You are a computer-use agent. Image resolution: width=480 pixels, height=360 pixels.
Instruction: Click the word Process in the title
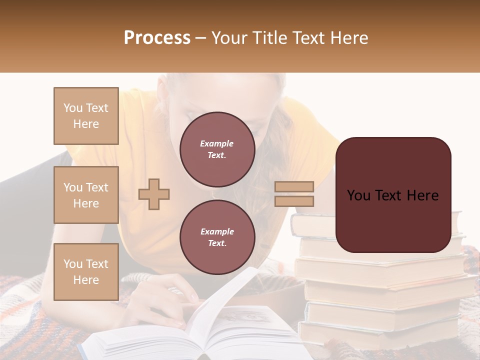point(157,38)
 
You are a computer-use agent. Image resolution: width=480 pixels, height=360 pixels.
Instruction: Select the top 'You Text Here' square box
point(86,116)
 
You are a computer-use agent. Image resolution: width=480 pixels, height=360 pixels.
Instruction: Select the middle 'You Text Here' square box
point(86,195)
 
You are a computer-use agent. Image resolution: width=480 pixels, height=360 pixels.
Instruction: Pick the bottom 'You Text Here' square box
point(86,271)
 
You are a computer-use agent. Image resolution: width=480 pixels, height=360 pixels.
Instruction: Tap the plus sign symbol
point(154,193)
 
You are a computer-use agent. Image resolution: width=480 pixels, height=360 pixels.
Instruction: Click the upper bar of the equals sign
point(294,187)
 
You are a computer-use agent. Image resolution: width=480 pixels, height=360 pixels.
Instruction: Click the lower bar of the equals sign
point(294,201)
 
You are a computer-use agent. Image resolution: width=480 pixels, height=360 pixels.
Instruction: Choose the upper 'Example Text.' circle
point(217,149)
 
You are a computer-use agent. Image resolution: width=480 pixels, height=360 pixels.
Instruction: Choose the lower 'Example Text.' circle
point(217,237)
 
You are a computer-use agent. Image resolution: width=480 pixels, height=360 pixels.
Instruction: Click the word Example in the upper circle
point(216,143)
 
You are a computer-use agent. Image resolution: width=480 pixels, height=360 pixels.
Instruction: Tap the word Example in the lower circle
point(216,231)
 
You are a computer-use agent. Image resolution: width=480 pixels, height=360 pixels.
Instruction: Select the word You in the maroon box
point(358,195)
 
